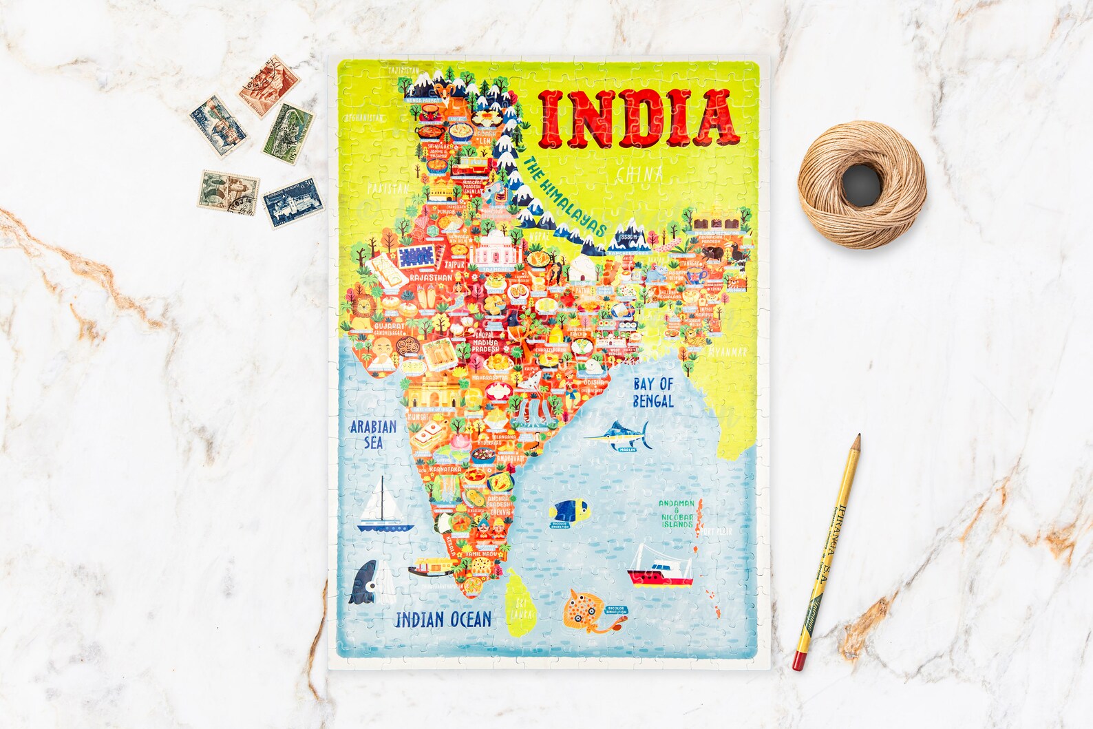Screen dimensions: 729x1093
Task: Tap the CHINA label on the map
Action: pyautogui.click(x=639, y=175)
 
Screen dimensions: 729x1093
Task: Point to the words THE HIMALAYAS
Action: pyautogui.click(x=564, y=197)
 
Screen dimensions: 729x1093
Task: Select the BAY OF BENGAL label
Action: pyautogui.click(x=653, y=392)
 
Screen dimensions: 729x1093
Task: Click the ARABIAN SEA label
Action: pyautogui.click(x=373, y=434)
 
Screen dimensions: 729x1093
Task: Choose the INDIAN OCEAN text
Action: pyautogui.click(x=443, y=619)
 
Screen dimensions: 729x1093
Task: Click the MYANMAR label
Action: pyautogui.click(x=727, y=352)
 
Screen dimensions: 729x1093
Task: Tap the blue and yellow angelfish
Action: pyautogui.click(x=571, y=511)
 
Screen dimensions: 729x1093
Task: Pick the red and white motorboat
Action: pyautogui.click(x=661, y=568)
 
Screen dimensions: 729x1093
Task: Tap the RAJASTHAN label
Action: pyautogui.click(x=430, y=277)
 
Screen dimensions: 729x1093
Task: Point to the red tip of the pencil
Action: pyautogui.click(x=798, y=662)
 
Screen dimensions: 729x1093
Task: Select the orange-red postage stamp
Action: pyautogui.click(x=269, y=85)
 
